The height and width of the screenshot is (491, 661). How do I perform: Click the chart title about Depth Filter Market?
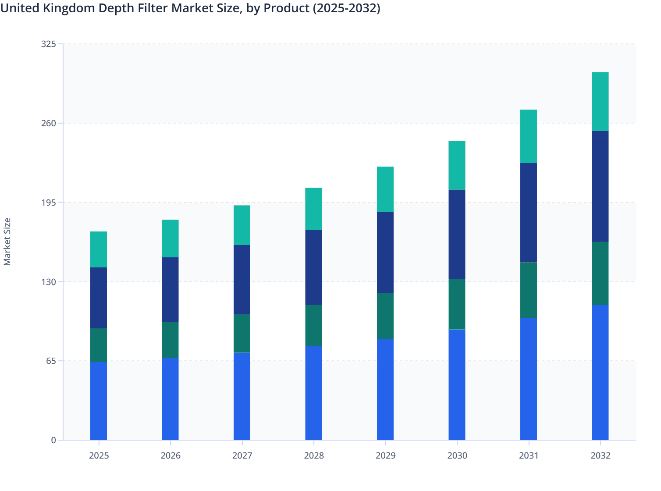190,8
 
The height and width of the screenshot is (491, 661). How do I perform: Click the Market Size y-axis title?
7,242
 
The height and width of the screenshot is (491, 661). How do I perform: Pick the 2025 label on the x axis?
99,455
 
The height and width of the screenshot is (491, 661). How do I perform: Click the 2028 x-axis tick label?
314,455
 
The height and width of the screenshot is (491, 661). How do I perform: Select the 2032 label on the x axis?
600,455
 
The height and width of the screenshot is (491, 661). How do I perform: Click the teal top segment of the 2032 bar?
600,101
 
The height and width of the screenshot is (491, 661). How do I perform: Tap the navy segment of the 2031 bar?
529,213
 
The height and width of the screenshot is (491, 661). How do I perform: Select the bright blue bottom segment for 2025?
99,401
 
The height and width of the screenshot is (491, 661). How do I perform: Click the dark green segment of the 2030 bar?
457,304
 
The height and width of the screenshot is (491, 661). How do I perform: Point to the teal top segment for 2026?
170,238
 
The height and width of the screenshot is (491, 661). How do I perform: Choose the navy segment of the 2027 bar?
242,279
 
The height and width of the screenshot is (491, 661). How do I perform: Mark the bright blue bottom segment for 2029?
385,389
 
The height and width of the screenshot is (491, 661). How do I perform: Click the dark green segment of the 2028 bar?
314,325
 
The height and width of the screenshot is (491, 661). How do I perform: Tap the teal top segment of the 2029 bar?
385,189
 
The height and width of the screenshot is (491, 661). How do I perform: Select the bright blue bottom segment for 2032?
600,372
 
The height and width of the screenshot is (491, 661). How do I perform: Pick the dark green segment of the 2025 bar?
99,345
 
